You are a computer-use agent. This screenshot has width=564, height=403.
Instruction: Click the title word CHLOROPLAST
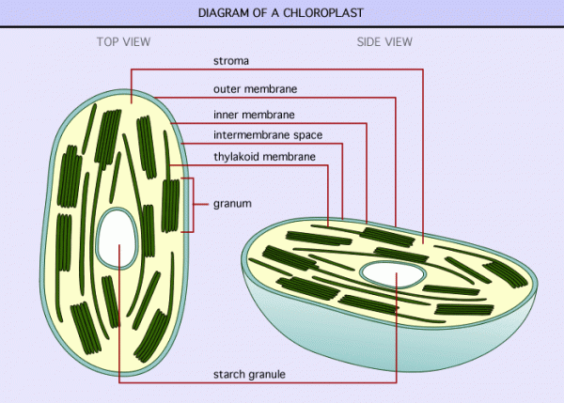pos(323,13)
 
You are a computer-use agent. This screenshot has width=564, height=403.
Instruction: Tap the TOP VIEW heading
pos(123,41)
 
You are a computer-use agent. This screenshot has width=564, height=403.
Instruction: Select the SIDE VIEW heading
pos(384,41)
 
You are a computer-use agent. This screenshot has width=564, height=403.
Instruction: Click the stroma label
pos(231,61)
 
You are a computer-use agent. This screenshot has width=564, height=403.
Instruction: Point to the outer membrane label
pos(255,89)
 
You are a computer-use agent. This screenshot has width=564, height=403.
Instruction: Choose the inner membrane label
pos(254,115)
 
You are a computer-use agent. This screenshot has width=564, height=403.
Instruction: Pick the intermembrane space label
pos(268,135)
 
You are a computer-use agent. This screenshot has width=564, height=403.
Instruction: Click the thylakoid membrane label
pos(264,157)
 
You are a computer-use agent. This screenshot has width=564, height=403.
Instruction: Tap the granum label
pos(232,204)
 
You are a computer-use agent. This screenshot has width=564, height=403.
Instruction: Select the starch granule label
pos(249,375)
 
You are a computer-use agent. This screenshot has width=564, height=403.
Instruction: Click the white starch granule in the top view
pos(117,238)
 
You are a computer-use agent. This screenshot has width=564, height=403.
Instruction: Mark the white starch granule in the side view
pos(393,274)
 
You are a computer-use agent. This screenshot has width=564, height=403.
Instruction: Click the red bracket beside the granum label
pos(193,205)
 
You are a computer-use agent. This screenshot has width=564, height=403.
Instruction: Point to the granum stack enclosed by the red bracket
pos(170,206)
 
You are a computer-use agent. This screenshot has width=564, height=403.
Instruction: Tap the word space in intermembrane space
pos(308,136)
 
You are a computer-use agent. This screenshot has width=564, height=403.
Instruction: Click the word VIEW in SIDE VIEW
pos(399,41)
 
